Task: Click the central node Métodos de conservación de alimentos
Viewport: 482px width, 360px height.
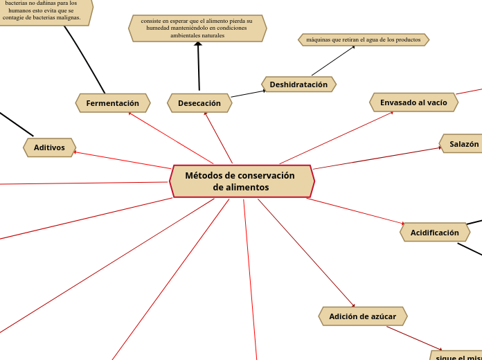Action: pyautogui.click(x=242, y=181)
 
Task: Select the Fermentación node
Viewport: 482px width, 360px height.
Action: pyautogui.click(x=113, y=103)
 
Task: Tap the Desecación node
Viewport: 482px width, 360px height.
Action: pyautogui.click(x=199, y=103)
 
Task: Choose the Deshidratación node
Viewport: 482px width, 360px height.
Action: pyautogui.click(x=298, y=84)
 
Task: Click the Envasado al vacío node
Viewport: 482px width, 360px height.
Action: pyautogui.click(x=413, y=102)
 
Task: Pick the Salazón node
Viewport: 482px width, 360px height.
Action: pyautogui.click(x=463, y=144)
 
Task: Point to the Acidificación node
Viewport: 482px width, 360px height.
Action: pyautogui.click(x=434, y=233)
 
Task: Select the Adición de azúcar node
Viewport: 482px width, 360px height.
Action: pyautogui.click(x=362, y=316)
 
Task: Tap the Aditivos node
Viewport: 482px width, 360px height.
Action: pyautogui.click(x=49, y=147)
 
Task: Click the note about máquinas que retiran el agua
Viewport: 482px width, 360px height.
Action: pyautogui.click(x=364, y=40)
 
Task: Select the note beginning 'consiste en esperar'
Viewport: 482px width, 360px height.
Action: pyautogui.click(x=197, y=28)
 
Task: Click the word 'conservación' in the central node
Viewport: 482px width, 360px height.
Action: pyautogui.click(x=266, y=176)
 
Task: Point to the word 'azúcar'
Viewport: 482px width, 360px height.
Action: pyautogui.click(x=382, y=316)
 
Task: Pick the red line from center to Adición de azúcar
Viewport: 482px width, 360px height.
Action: pyautogui.click(x=305, y=252)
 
